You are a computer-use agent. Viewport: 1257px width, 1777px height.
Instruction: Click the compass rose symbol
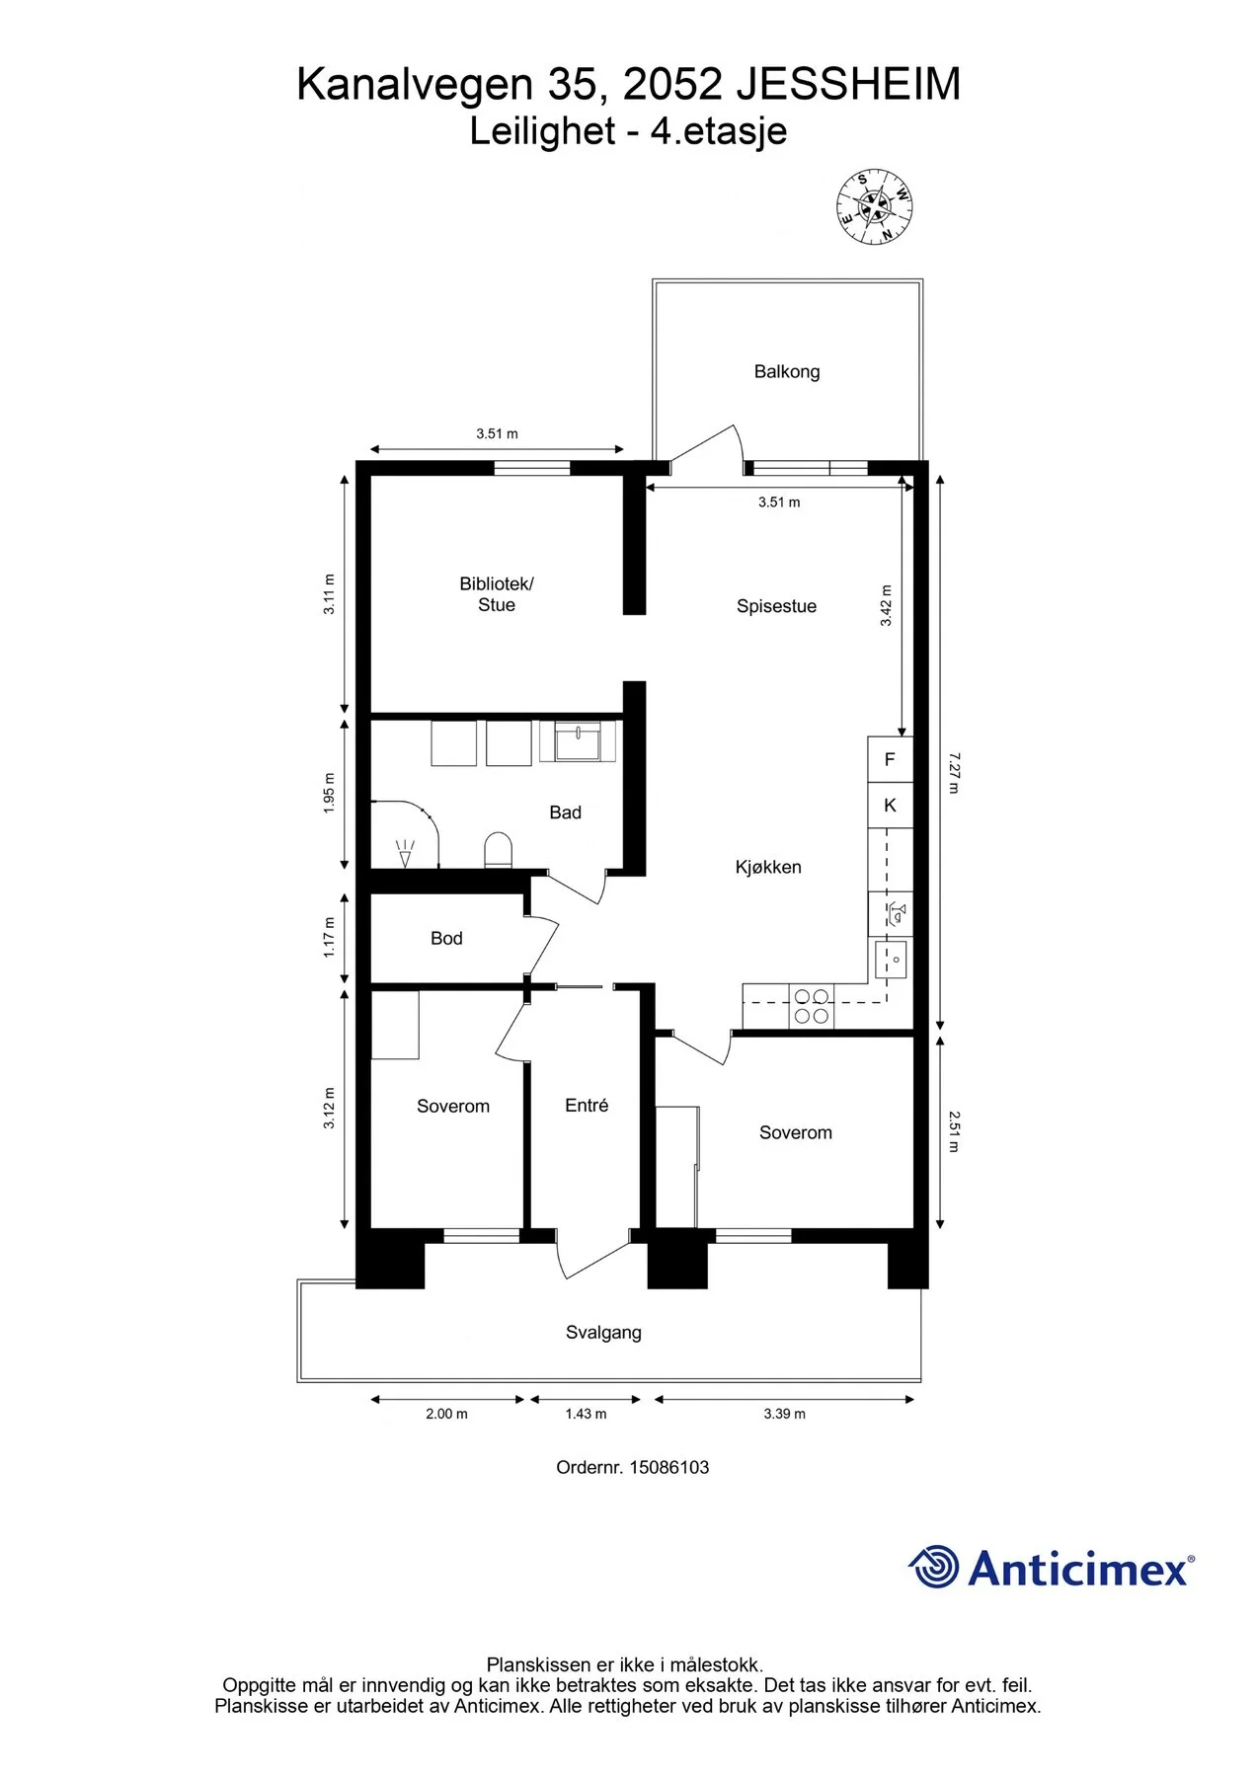pyautogui.click(x=874, y=206)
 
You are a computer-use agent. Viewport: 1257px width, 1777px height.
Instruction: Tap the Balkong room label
pyautogui.click(x=787, y=372)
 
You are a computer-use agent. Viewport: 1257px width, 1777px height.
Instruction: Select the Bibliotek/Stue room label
pyautogui.click(x=497, y=594)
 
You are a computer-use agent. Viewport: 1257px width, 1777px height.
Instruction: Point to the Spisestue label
pyautogui.click(x=776, y=606)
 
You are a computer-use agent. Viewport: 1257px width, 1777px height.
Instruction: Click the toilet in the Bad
pyautogui.click(x=499, y=851)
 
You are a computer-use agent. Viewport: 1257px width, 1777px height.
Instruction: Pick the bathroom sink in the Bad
pyautogui.click(x=578, y=741)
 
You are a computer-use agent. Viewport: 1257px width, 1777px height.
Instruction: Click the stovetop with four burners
pyautogui.click(x=812, y=1007)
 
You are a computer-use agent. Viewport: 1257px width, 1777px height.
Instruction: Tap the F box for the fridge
pyautogui.click(x=890, y=759)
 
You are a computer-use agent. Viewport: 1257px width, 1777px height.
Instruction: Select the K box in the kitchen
pyautogui.click(x=890, y=806)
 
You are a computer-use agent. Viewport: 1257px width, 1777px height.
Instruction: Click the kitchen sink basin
pyautogui.click(x=891, y=959)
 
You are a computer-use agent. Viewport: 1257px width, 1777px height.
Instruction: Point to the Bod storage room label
pyautogui.click(x=446, y=939)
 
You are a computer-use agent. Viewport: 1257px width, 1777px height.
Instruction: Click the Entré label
pyautogui.click(x=587, y=1106)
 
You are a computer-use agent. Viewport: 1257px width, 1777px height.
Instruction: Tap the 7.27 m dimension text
pyautogui.click(x=954, y=773)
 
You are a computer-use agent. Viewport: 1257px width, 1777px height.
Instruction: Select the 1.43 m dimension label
pyautogui.click(x=586, y=1414)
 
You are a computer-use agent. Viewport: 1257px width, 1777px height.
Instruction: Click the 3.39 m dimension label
pyautogui.click(x=784, y=1414)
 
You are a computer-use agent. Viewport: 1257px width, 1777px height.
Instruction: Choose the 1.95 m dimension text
pyautogui.click(x=330, y=794)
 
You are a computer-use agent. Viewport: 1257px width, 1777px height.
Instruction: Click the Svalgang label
pyautogui.click(x=603, y=1333)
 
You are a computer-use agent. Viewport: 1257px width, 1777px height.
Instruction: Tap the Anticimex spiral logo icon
pyautogui.click(x=933, y=1567)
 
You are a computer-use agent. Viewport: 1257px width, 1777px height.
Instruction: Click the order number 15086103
pyautogui.click(x=669, y=1467)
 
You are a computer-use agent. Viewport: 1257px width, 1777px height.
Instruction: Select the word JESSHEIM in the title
pyautogui.click(x=848, y=85)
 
